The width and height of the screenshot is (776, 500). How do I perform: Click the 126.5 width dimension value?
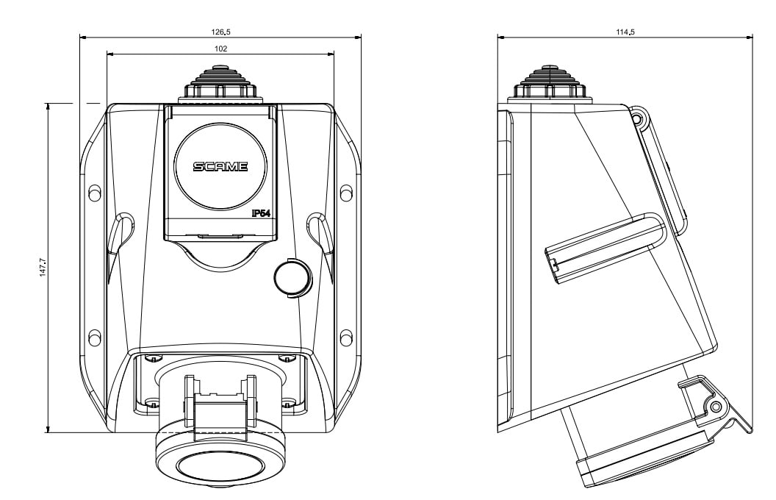220,32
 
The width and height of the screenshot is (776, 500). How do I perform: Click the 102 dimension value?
220,49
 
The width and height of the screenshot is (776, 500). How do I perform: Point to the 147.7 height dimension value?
43,268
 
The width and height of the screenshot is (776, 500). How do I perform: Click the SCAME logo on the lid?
220,167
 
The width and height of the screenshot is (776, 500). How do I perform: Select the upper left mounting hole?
94,193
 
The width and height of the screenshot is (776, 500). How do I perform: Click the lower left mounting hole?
94,337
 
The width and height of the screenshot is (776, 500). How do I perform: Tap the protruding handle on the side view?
603,246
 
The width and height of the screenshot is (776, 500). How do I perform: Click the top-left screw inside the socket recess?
152,358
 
